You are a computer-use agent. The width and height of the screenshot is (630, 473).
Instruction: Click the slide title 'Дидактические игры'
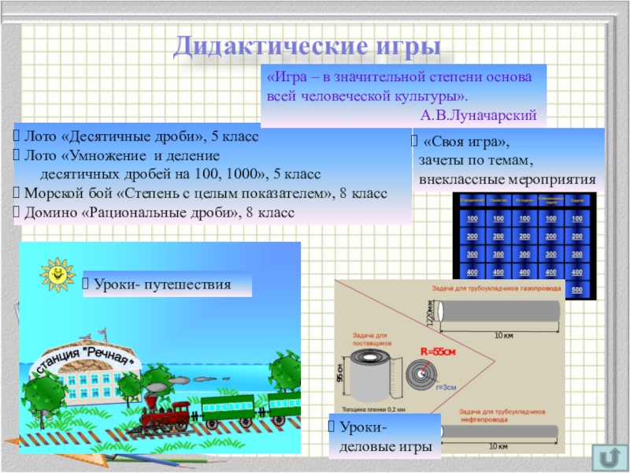click(x=306, y=46)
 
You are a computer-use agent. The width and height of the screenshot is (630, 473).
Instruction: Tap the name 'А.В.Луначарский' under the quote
click(x=479, y=116)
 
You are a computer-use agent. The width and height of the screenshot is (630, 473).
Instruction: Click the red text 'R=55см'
click(x=438, y=351)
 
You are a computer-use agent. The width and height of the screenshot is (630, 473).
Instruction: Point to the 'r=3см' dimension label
click(x=448, y=387)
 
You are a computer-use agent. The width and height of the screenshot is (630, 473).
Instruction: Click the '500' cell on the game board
click(x=577, y=290)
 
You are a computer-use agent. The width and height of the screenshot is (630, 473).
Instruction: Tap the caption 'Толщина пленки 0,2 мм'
click(x=373, y=409)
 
